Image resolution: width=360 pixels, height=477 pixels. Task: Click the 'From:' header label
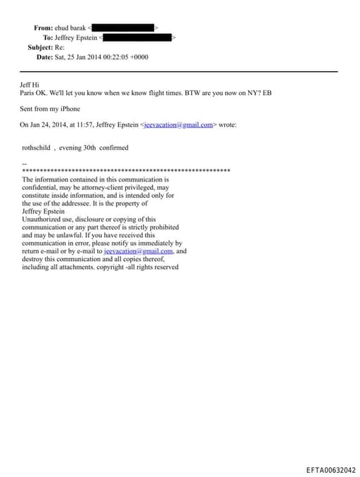pyautogui.click(x=43, y=27)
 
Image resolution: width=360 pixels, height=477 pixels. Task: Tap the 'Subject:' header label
pyautogui.click(x=40, y=47)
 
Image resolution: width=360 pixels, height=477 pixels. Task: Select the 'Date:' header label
pyautogui.click(x=44, y=57)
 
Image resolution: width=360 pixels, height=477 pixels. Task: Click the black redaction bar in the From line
pyautogui.click(x=123, y=27)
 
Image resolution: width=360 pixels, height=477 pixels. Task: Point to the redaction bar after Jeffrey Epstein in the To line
pyautogui.click(x=139, y=37)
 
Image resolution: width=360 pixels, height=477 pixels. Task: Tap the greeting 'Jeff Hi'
pyautogui.click(x=31, y=84)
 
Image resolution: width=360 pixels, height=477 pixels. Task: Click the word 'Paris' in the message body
pyautogui.click(x=29, y=93)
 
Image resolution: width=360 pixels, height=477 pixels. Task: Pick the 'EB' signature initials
pyautogui.click(x=266, y=93)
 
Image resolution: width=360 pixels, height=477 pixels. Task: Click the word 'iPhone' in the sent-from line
pyautogui.click(x=69, y=109)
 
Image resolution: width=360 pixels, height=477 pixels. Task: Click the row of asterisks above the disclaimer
pyautogui.click(x=127, y=171)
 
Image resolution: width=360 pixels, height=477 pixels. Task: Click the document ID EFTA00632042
pyautogui.click(x=331, y=470)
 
